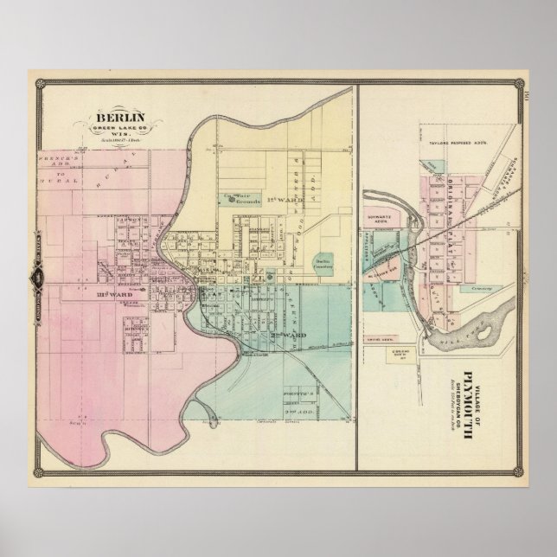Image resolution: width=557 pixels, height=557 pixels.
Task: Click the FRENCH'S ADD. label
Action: (54, 164)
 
